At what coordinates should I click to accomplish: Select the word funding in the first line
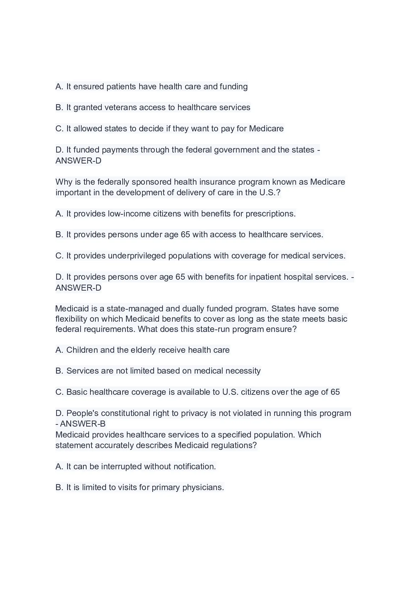coord(234,87)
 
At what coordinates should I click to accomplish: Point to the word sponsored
coord(152,182)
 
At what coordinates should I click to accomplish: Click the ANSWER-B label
coord(83,424)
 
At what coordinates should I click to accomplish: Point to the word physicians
coord(203,487)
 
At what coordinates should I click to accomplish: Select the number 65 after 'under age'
coord(185,234)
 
